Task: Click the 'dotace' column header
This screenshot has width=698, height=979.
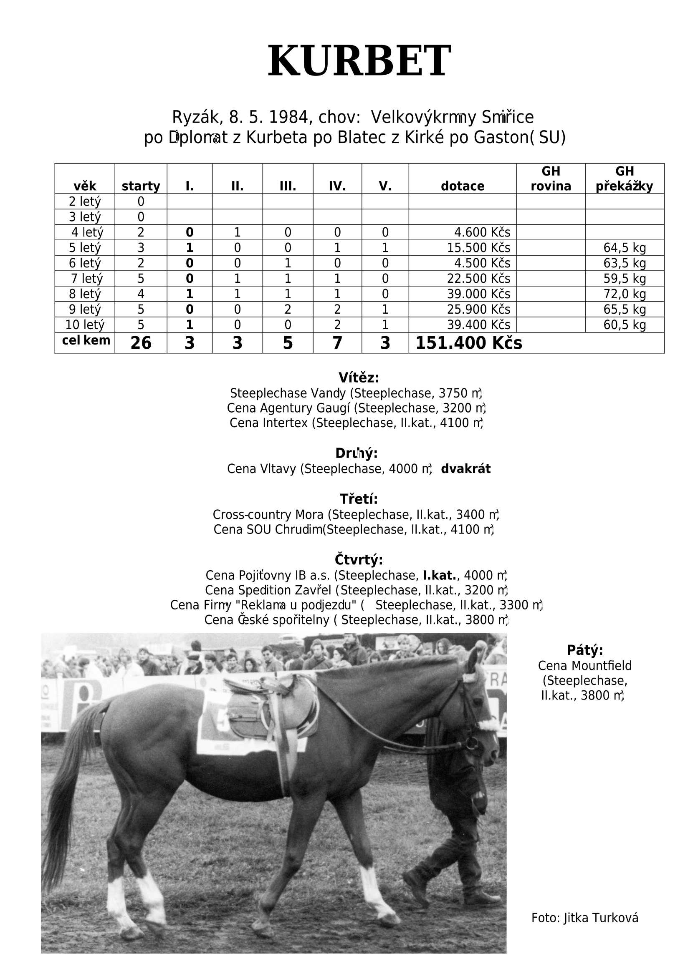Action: pyautogui.click(x=463, y=186)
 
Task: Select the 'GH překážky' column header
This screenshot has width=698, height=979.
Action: pyautogui.click(x=624, y=179)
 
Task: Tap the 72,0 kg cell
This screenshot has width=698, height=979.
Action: pyautogui.click(x=625, y=294)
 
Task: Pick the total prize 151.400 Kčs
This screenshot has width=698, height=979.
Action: pyautogui.click(x=468, y=343)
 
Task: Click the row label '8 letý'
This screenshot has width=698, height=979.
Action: pyautogui.click(x=85, y=294)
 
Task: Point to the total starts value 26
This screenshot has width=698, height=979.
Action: pyautogui.click(x=141, y=343)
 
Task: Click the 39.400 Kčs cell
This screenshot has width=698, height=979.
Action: pyautogui.click(x=478, y=325)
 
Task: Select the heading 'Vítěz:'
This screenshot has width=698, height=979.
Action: pyautogui.click(x=359, y=378)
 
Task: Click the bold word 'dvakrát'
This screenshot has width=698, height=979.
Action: pyautogui.click(x=465, y=469)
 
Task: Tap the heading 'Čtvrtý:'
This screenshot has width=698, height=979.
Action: pyautogui.click(x=359, y=560)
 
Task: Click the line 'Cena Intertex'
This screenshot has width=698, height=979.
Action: pyautogui.click(x=356, y=423)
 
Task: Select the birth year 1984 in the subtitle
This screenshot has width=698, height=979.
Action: pyautogui.click(x=288, y=117)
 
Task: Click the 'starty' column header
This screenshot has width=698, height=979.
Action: pyautogui.click(x=141, y=186)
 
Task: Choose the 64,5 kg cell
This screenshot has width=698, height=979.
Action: pyautogui.click(x=625, y=248)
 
